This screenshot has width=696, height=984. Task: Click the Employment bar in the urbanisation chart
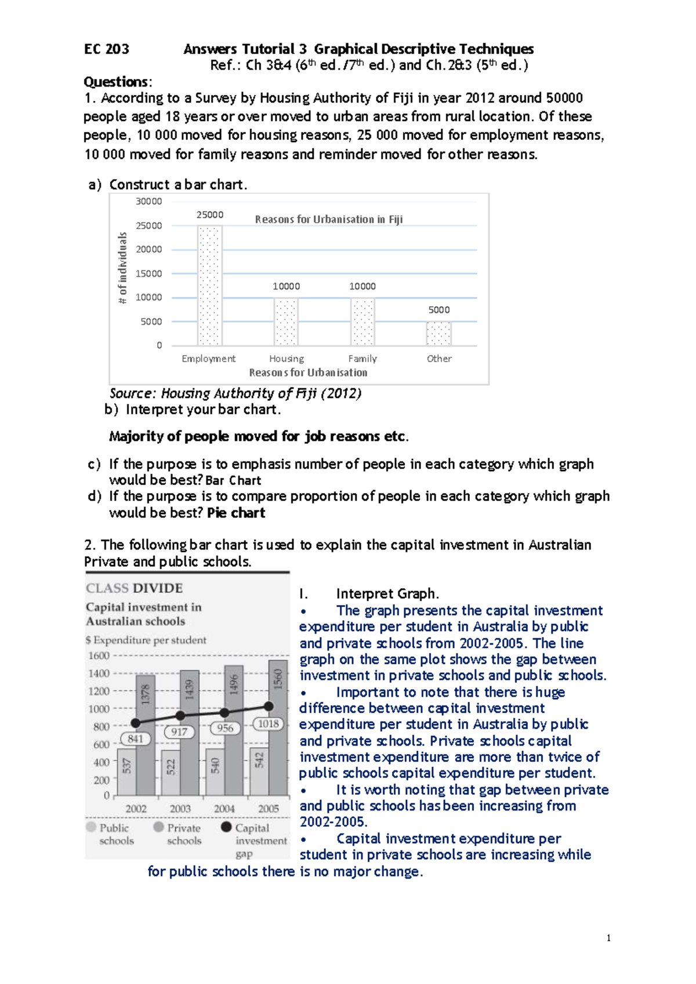[x=209, y=285]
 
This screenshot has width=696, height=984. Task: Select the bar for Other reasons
[x=438, y=334]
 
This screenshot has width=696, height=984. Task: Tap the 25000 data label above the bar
[x=209, y=215]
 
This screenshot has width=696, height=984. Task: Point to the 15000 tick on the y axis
[x=148, y=273]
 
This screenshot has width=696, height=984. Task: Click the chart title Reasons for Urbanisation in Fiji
[x=328, y=219]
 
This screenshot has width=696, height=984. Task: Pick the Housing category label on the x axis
[x=286, y=359]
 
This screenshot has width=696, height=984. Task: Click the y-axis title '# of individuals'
[x=122, y=267]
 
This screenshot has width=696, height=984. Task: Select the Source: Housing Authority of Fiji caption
[x=235, y=393]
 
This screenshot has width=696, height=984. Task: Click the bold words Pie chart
[x=236, y=513]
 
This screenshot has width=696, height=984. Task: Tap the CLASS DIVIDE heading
[x=134, y=588]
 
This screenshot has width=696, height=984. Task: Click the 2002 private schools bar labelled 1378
[x=146, y=735]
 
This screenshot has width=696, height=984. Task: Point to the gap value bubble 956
[x=224, y=728]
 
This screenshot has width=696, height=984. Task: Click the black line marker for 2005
[x=269, y=706]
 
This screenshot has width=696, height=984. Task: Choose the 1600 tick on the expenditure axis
[x=99, y=656]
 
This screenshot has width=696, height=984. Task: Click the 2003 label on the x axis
[x=180, y=809]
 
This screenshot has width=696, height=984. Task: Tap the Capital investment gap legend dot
[x=226, y=827]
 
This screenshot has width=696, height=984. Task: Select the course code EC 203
[x=107, y=49]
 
